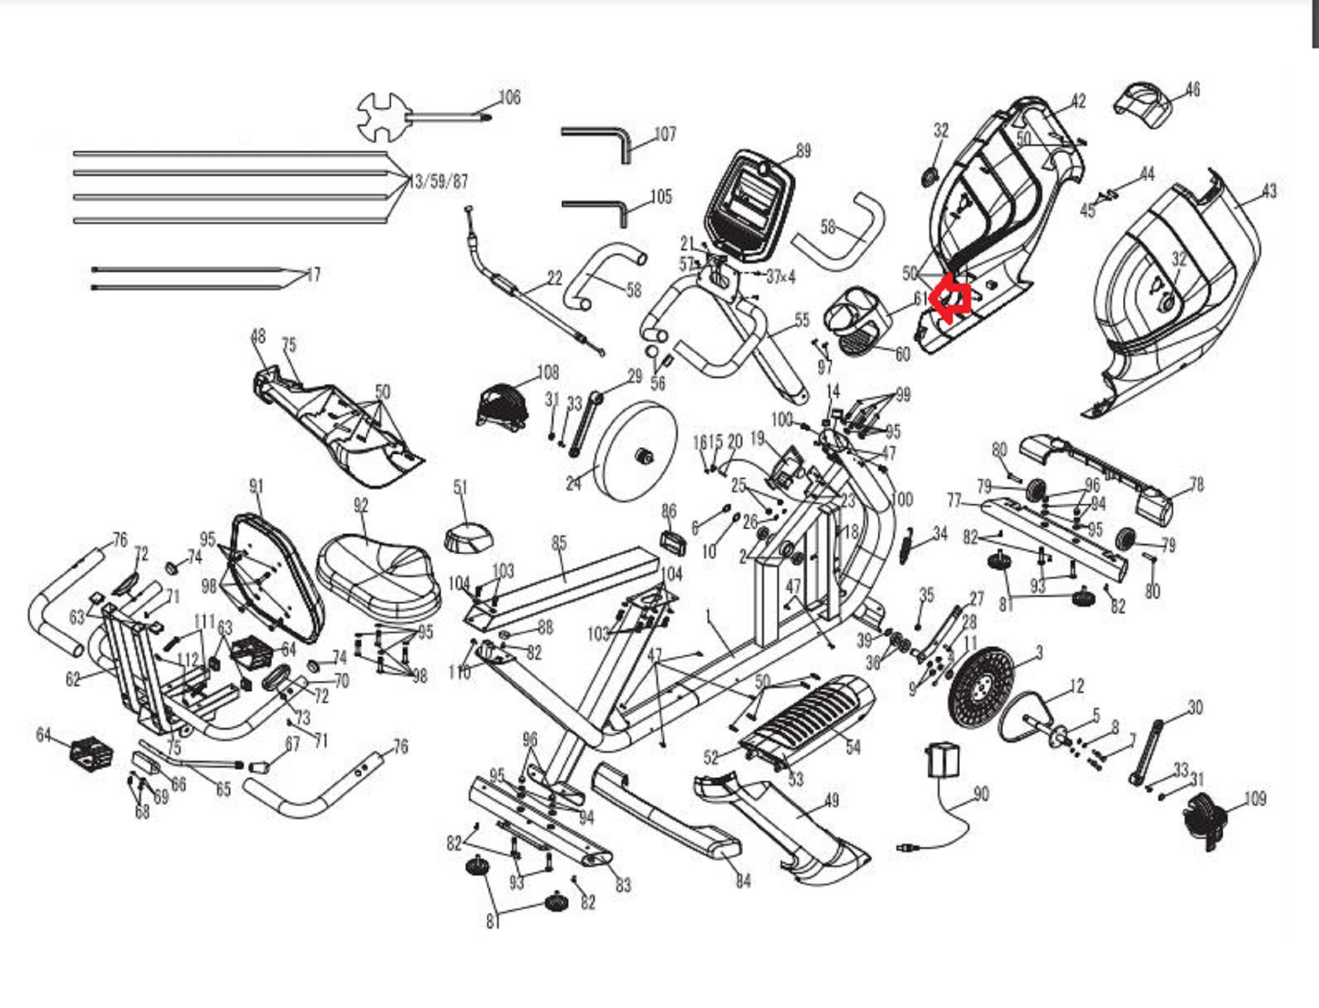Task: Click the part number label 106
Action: tap(509, 97)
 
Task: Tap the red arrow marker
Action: tap(949, 300)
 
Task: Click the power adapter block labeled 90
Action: tap(943, 759)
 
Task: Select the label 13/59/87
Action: tap(438, 181)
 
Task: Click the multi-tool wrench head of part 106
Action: tap(382, 117)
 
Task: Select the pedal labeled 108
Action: tap(501, 403)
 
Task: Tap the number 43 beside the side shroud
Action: tap(1267, 192)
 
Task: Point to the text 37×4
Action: tap(780, 276)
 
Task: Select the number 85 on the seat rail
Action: tap(559, 543)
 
